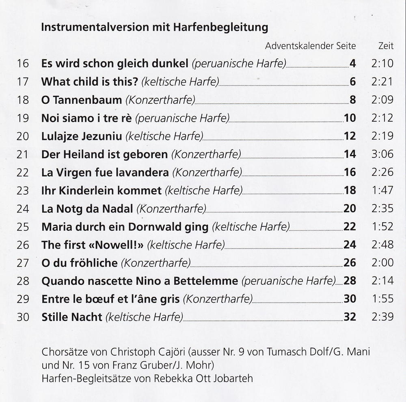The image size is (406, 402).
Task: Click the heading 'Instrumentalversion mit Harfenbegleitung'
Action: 155,28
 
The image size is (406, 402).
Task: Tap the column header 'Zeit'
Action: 386,46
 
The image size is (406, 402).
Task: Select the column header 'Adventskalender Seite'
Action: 310,46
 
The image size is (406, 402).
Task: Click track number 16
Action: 23,64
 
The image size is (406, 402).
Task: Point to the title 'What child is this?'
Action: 90,82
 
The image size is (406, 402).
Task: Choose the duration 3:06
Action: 382,154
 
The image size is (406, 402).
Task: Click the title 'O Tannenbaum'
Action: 82,100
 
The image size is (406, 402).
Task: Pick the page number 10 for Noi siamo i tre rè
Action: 350,118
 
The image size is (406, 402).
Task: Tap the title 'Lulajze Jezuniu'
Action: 82,136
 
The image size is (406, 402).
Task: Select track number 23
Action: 23,191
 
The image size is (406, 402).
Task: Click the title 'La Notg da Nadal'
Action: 87,209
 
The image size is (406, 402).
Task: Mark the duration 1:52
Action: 382,227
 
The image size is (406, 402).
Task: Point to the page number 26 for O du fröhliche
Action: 350,263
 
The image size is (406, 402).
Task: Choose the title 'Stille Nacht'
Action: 72,317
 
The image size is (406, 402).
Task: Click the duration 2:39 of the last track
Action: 382,317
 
